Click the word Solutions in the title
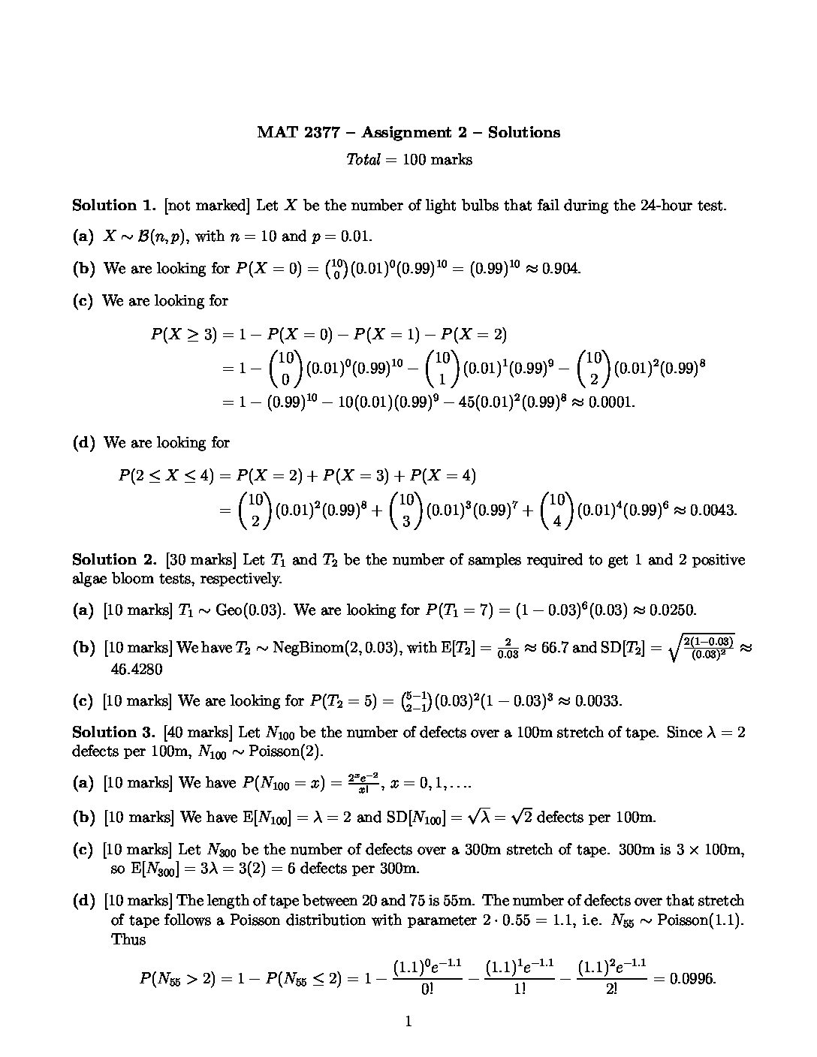523,133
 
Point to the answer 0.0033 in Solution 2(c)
598,701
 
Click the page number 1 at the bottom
408,1021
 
